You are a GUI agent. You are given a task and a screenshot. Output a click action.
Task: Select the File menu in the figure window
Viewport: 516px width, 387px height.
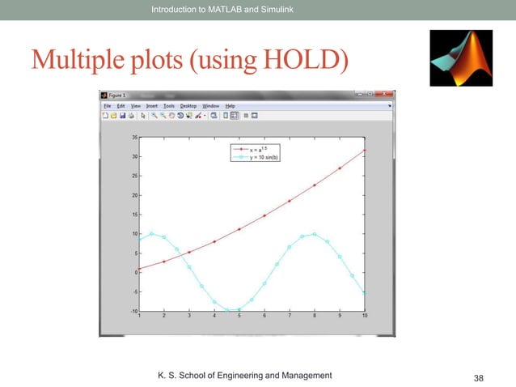[105, 105]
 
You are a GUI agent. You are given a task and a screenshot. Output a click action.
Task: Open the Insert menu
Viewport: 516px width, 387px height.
[150, 105]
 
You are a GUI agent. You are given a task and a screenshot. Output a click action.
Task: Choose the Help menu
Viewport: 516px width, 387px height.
[230, 105]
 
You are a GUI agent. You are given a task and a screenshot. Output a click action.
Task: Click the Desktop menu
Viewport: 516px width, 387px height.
[188, 105]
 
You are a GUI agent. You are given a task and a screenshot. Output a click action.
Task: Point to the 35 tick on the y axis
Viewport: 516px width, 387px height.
[133, 138]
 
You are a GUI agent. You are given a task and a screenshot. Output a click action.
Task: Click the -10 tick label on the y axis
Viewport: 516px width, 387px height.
[132, 311]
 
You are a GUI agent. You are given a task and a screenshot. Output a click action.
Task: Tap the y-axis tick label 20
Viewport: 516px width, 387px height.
[133, 195]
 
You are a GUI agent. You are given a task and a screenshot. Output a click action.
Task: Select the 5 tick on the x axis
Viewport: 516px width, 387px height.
[239, 317]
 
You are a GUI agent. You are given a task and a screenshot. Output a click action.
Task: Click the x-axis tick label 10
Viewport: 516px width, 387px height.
[365, 317]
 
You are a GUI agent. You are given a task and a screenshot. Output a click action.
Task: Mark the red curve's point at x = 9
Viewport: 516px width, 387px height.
[340, 168]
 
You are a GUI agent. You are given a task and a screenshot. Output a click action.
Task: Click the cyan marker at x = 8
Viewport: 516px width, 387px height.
[315, 234]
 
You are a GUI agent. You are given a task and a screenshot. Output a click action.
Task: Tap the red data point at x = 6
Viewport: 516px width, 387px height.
[264, 215]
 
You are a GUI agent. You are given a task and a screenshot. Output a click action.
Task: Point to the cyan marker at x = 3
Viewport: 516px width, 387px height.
[189, 266]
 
